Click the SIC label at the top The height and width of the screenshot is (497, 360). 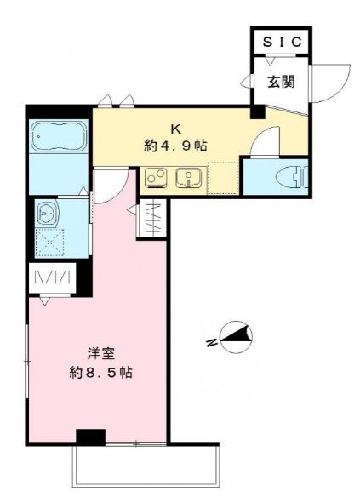click(282, 42)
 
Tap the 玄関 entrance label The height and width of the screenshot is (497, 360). click(281, 82)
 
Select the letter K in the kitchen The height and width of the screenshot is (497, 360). click(175, 129)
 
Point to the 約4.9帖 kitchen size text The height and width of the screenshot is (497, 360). click(175, 146)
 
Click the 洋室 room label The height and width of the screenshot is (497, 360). click(100, 353)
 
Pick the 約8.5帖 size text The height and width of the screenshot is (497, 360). click(100, 373)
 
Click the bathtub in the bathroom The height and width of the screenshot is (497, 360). click(59, 136)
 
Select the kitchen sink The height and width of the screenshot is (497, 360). click(189, 179)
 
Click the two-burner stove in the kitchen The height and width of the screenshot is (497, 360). click(156, 179)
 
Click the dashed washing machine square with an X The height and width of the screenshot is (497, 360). click(50, 243)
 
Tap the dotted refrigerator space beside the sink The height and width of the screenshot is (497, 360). click(223, 178)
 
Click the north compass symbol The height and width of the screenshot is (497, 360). click(236, 337)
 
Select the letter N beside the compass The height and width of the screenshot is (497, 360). click(211, 342)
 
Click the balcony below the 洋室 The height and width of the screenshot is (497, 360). click(146, 467)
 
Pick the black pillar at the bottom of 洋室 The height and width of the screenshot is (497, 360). click(90, 437)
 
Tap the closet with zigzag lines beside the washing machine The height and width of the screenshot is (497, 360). click(53, 278)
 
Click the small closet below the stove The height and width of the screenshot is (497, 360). click(152, 219)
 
